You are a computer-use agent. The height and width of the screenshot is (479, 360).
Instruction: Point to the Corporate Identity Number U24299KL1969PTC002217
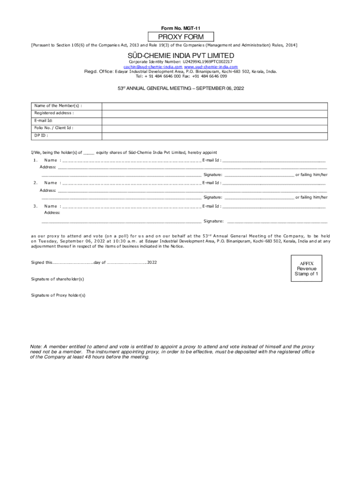pyautogui.click(x=180, y=61)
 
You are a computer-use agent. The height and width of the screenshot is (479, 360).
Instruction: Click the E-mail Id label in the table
pyautogui.click(x=43, y=120)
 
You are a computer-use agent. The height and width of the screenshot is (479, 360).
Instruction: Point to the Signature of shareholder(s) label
pyautogui.click(x=58, y=279)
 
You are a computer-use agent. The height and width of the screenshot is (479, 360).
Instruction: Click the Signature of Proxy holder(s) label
pyautogui.click(x=58, y=295)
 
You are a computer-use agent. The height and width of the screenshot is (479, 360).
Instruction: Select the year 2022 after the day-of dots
pyautogui.click(x=152, y=262)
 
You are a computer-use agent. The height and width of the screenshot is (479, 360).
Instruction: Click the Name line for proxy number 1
pyautogui.click(x=131, y=160)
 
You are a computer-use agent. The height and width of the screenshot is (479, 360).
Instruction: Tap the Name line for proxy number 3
pyautogui.click(x=131, y=206)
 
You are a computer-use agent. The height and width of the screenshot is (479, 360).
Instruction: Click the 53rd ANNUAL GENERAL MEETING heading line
pyautogui.click(x=180, y=88)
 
